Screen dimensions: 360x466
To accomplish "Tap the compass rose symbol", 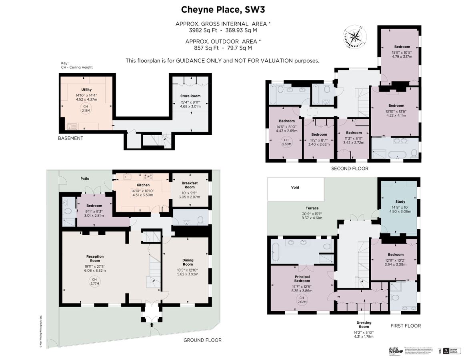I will [x=354, y=37].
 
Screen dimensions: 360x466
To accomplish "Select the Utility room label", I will [x=86, y=90].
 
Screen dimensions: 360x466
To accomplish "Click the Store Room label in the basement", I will [x=190, y=96].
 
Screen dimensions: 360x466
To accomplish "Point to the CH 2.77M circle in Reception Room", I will [x=94, y=282].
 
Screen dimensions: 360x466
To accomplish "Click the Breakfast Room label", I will [x=190, y=185].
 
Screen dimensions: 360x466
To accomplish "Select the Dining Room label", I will [x=188, y=262].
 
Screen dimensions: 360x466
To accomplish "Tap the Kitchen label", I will [x=143, y=185].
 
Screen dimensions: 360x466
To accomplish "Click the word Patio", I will [x=84, y=179].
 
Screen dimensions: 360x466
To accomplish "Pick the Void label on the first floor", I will [x=295, y=187].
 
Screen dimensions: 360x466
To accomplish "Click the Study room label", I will [x=400, y=202].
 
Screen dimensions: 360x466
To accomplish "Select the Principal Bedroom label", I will [x=302, y=279].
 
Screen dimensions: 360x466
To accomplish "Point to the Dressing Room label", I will [x=364, y=325].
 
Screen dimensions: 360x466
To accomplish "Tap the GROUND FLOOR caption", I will [x=202, y=340].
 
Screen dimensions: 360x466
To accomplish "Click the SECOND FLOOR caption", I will [x=349, y=168].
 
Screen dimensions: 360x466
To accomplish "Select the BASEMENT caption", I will [x=71, y=138].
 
